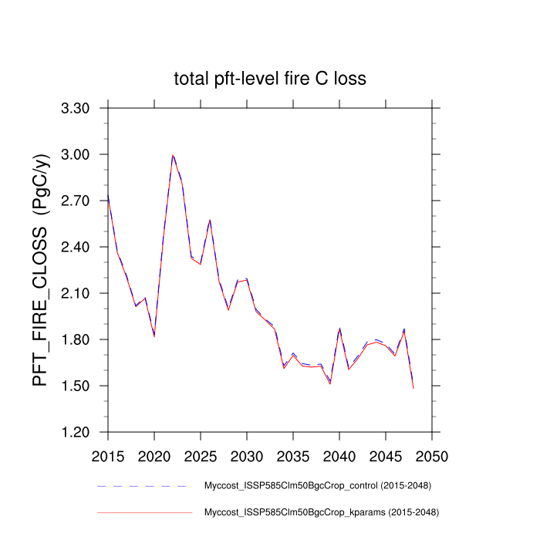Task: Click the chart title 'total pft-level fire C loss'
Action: pos(269,79)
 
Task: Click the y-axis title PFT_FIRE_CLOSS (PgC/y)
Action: pos(41,270)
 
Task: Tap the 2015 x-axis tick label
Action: pos(108,456)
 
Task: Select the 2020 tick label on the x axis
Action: pos(154,456)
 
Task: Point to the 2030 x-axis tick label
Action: pos(247,456)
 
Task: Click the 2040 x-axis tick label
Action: pos(339,456)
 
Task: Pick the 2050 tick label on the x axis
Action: pos(432,456)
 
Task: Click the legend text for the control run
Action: pos(317,486)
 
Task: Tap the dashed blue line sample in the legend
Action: pos(142,486)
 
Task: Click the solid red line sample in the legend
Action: pos(142,512)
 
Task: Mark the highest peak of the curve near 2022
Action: pos(173,155)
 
